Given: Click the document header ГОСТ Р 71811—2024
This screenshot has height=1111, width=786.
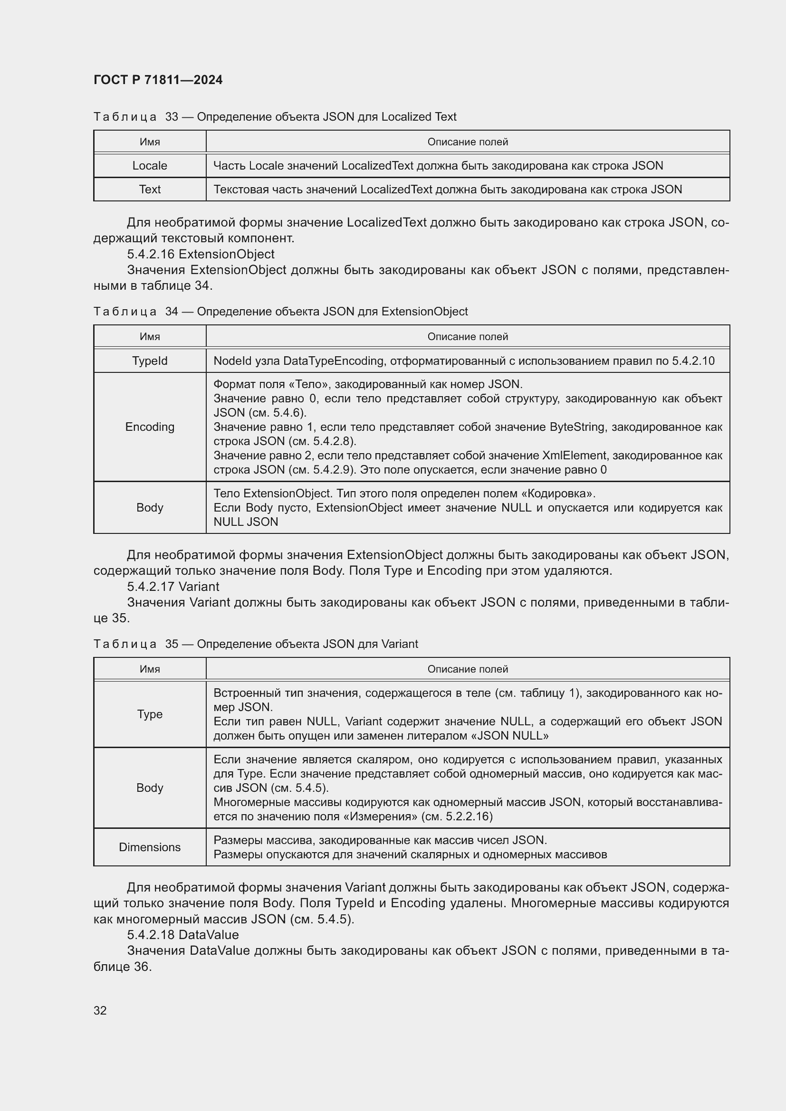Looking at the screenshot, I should (x=158, y=80).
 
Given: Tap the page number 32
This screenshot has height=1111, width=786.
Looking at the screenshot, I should (x=100, y=1010).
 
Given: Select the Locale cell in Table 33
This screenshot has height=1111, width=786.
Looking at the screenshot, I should (x=150, y=165).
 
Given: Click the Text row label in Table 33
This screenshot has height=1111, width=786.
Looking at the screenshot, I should (x=150, y=189).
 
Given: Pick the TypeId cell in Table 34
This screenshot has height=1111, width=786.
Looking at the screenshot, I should (x=150, y=361).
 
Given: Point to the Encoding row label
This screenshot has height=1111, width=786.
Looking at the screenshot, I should (x=150, y=427).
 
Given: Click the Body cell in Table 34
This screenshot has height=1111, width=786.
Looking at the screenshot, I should (x=150, y=508).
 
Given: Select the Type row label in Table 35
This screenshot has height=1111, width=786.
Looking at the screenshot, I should (x=150, y=714).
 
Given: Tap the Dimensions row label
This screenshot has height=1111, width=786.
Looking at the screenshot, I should (x=150, y=847).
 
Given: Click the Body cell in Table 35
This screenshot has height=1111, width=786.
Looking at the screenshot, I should (x=150, y=788).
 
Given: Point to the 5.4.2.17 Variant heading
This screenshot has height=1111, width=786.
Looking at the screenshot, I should (x=173, y=587).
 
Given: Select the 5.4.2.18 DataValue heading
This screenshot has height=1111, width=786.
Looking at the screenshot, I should (x=182, y=934).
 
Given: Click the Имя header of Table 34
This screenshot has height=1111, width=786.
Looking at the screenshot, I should (x=150, y=337).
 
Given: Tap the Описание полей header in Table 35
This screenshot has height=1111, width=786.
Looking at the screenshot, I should (x=468, y=669).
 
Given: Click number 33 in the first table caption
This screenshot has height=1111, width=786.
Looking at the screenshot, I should (x=172, y=117).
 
